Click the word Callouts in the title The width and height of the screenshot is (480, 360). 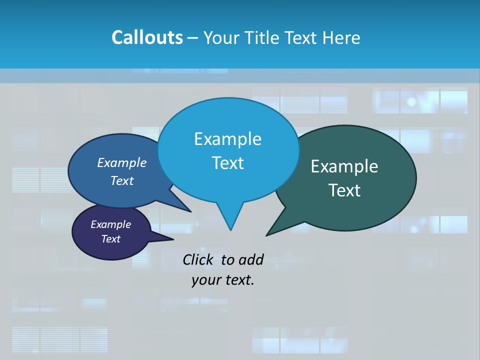[x=147, y=37]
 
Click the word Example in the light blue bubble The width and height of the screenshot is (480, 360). [x=227, y=139]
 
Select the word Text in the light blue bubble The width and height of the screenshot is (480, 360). [x=227, y=163]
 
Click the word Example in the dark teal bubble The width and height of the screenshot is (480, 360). [x=344, y=166]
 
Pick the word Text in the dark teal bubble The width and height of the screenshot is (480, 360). [x=344, y=190]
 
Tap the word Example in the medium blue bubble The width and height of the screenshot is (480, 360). [x=122, y=162]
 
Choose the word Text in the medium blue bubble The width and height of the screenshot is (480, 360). [x=122, y=180]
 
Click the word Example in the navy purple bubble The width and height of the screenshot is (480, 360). [x=110, y=224]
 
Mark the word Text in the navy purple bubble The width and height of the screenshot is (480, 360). [x=110, y=239]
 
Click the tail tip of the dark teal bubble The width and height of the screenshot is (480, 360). [x=267, y=235]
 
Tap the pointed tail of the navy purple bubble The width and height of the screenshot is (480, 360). [x=172, y=239]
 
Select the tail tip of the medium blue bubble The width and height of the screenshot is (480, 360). [x=190, y=211]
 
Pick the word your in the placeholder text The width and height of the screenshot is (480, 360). [x=206, y=280]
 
